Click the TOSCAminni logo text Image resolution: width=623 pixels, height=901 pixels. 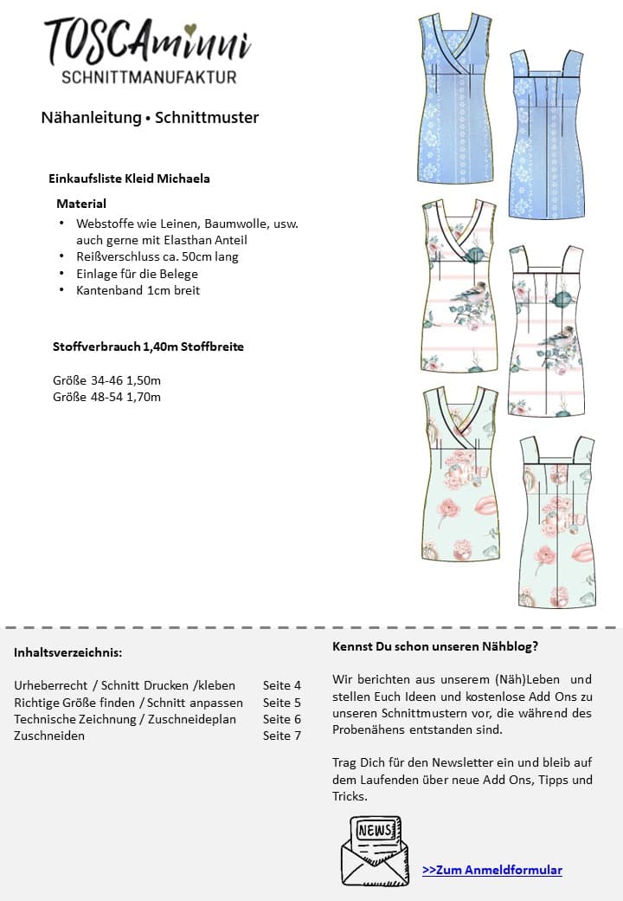[148, 42]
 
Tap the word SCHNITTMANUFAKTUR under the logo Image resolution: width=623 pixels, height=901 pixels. [149, 78]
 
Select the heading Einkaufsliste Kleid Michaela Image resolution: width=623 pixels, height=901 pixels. [129, 178]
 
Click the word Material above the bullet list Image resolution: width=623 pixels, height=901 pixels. [81, 204]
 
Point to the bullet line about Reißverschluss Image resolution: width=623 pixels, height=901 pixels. [157, 256]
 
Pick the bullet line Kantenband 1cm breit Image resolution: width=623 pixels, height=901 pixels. [138, 290]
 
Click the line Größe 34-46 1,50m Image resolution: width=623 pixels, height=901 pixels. [107, 380]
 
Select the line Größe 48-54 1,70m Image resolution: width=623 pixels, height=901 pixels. [107, 397]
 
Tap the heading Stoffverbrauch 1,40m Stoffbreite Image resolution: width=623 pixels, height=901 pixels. [148, 347]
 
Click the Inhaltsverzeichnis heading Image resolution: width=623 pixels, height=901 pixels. [67, 651]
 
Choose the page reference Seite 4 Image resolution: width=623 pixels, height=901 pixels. [282, 685]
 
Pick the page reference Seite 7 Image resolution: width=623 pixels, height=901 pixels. [282, 736]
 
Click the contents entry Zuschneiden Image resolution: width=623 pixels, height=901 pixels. [49, 736]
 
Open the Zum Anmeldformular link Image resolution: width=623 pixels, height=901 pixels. [492, 870]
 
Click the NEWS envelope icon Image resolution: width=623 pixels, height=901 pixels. [375, 850]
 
